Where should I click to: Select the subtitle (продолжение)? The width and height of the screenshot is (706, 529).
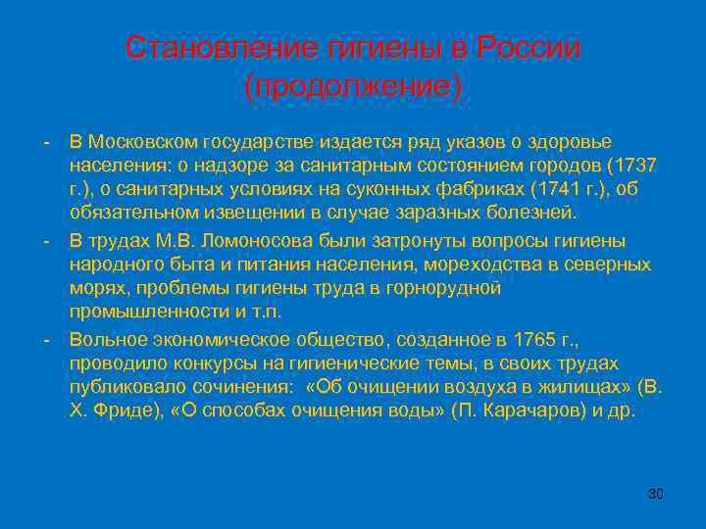[353, 86]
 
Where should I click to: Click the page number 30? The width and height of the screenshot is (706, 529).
[656, 493]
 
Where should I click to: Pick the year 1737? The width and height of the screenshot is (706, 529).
[636, 165]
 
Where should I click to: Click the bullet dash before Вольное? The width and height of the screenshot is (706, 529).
[46, 339]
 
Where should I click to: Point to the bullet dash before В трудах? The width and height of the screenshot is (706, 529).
[46, 240]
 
